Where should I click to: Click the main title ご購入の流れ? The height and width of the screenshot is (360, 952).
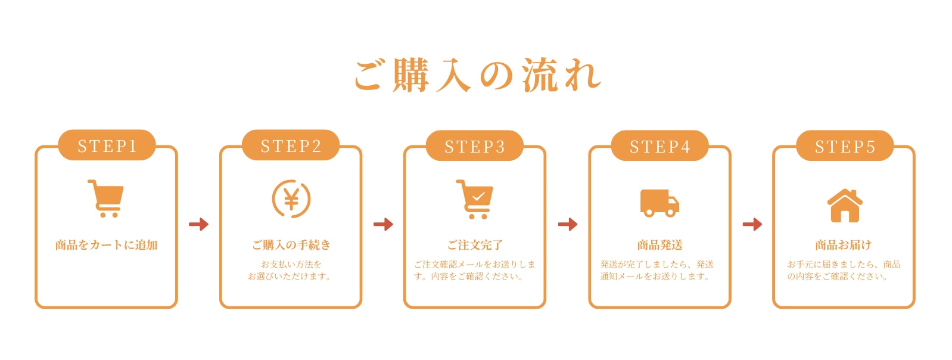pos(478,76)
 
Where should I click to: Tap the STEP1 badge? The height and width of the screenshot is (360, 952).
pos(107,145)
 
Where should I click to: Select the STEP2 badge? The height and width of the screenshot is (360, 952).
pos(291,145)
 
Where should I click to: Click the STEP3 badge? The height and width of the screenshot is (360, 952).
pos(475,146)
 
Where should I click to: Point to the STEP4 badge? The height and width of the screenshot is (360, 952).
pos(659,146)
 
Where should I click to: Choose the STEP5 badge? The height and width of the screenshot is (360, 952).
pos(845,146)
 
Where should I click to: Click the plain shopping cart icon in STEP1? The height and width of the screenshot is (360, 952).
pos(106,198)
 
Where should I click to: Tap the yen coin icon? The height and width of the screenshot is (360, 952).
pos(291,199)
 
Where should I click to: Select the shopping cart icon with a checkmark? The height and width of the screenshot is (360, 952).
pos(475,199)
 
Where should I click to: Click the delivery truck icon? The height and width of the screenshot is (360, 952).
pos(659,203)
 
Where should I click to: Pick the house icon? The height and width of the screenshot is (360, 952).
pos(845,205)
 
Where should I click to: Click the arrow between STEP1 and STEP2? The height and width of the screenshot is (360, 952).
pos(199,224)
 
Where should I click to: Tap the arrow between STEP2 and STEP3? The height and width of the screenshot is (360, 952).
pos(383,224)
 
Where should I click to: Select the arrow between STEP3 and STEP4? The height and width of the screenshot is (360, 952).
pos(568,224)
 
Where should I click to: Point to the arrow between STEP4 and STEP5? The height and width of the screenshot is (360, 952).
pos(752,224)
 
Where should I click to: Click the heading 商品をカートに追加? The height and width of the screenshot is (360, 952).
pos(106,245)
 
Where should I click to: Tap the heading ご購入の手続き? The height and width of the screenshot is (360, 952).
pos(291,245)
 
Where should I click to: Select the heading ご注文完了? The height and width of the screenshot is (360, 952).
pos(475,245)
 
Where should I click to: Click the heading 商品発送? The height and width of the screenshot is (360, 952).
pos(659,245)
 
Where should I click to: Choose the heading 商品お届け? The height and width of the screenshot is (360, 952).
pos(844,245)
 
